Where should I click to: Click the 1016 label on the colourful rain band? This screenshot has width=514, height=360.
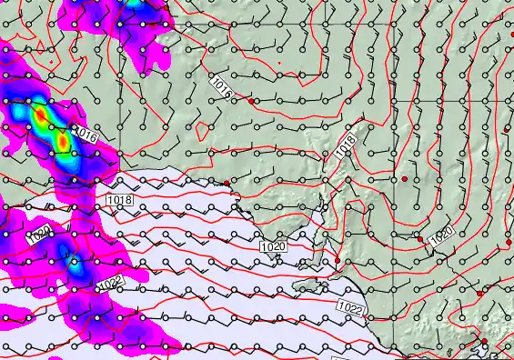click(x=84, y=135)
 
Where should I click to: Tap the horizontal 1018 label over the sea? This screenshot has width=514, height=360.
click(x=119, y=199)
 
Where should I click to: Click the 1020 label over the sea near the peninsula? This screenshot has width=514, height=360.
click(x=272, y=246)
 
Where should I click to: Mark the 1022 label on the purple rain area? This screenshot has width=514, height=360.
click(x=109, y=284)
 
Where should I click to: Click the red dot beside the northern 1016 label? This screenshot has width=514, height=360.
click(x=252, y=102)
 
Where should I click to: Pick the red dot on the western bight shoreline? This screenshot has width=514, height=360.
click(x=227, y=184)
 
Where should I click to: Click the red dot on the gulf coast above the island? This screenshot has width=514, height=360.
click(x=337, y=261)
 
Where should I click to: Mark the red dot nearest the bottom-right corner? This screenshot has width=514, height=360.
click(x=484, y=342)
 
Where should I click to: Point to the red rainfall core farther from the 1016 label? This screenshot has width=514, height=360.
click(x=40, y=116)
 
